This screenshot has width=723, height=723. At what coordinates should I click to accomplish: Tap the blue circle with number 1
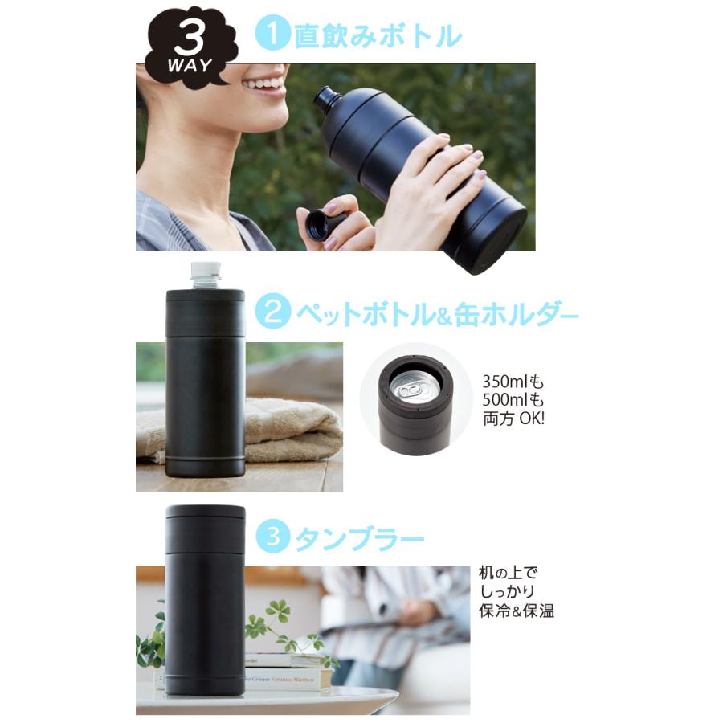coord(272,34)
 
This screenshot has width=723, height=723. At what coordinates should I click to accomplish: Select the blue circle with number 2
coord(272,312)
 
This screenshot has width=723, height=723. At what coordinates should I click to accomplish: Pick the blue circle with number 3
coord(273,536)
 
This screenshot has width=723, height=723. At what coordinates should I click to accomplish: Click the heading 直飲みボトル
coord(378,35)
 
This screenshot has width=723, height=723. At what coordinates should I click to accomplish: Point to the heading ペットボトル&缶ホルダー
coord(437,313)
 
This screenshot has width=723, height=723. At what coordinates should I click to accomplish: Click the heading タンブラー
coord(360,538)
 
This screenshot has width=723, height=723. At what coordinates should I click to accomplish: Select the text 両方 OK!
coord(513,419)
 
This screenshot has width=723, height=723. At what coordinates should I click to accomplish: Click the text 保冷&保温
coord(517,611)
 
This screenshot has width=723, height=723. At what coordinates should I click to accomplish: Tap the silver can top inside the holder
coord(412,386)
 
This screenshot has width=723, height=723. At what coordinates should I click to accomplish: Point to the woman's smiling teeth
coord(266,84)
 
